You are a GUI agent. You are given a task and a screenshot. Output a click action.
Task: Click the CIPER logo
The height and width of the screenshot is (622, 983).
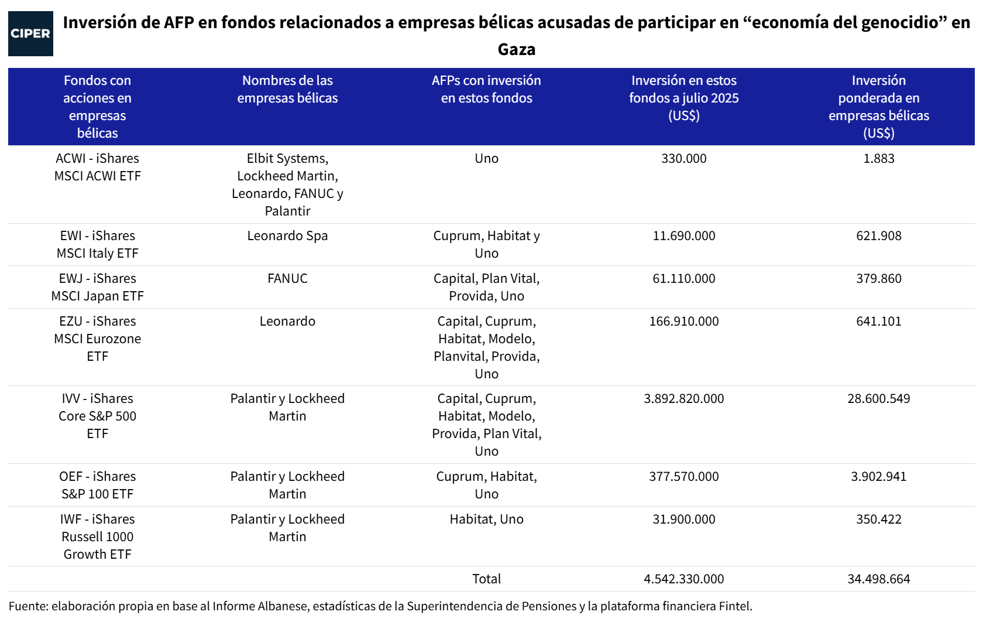pyautogui.click(x=30, y=33)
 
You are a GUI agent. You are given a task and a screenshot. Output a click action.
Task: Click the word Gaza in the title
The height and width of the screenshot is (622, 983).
pyautogui.click(x=516, y=49)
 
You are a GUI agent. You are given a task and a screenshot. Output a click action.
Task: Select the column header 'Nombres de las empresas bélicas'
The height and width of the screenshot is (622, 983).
pyautogui.click(x=287, y=89)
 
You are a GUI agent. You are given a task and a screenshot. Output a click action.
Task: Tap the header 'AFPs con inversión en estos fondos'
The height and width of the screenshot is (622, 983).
pyautogui.click(x=486, y=89)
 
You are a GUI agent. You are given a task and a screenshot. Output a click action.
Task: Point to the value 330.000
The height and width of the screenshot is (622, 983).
pyautogui.click(x=683, y=159)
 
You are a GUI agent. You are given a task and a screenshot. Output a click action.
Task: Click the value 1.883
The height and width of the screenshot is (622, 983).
pyautogui.click(x=878, y=159)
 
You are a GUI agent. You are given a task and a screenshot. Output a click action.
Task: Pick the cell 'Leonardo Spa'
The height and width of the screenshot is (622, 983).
pyautogui.click(x=287, y=236)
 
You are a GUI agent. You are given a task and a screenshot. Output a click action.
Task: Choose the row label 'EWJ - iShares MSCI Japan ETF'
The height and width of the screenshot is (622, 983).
pyautogui.click(x=97, y=287)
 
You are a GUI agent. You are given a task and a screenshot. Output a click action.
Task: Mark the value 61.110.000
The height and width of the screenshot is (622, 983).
pyautogui.click(x=683, y=279)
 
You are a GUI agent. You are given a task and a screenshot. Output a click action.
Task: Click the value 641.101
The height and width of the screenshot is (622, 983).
pyautogui.click(x=878, y=322)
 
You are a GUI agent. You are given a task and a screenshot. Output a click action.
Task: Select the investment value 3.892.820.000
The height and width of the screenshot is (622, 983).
pyautogui.click(x=683, y=399)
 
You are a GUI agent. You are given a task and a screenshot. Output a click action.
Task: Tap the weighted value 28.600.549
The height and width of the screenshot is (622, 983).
pyautogui.click(x=878, y=399)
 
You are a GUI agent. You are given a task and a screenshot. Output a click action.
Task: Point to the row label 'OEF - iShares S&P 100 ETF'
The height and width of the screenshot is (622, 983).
pyautogui.click(x=97, y=485)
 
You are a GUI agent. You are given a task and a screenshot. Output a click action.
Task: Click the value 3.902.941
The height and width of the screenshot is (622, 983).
pyautogui.click(x=878, y=477)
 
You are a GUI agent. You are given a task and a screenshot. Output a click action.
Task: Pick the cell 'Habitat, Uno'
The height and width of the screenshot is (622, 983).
pyautogui.click(x=486, y=520)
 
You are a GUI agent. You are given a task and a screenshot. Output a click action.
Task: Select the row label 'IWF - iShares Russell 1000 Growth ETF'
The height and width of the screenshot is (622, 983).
pyautogui.click(x=97, y=536)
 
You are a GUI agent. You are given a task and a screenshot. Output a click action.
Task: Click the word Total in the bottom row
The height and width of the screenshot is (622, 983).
pyautogui.click(x=486, y=579)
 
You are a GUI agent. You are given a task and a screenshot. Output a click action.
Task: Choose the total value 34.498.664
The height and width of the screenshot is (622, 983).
pyautogui.click(x=878, y=579)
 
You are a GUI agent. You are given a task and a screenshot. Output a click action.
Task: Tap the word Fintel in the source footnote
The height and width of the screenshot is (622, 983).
pyautogui.click(x=735, y=606)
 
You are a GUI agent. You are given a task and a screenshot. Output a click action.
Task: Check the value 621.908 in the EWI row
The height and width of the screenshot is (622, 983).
pyautogui.click(x=878, y=236)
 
